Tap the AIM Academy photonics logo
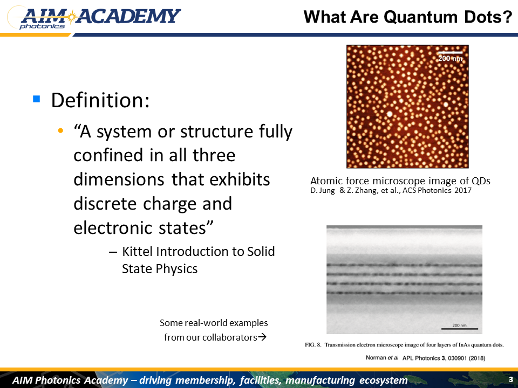coord(94,18)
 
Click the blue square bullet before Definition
coord(36,99)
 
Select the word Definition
coord(100,100)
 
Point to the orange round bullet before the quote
coord(60,130)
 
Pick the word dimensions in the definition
coord(119,179)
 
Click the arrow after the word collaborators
coord(262,337)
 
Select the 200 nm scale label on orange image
coord(450,58)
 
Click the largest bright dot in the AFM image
coord(390,114)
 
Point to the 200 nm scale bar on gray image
coord(460,329)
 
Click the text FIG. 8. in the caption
coord(313,345)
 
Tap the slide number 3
coord(511,379)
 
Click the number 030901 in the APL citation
coord(458,358)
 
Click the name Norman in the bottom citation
coord(376,358)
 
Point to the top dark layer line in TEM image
coord(404,265)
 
